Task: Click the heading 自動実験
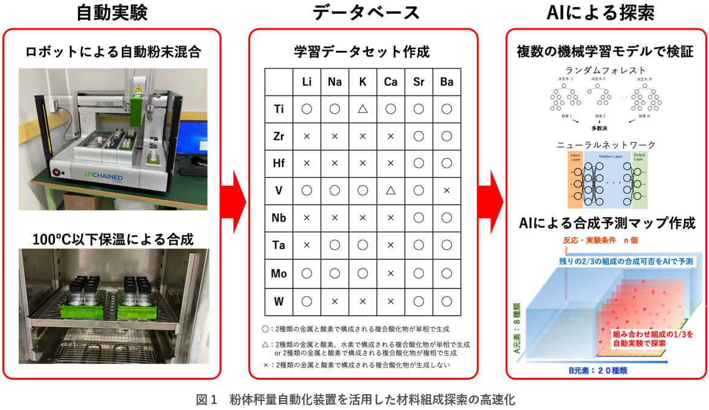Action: pyautogui.click(x=112, y=13)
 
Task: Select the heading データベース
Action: pyautogui.click(x=363, y=13)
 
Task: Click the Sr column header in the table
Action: pyautogui.click(x=419, y=82)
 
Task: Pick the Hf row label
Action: pyautogui.click(x=278, y=163)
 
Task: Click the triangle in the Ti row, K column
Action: pyautogui.click(x=362, y=109)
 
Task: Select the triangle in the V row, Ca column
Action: pyautogui.click(x=390, y=190)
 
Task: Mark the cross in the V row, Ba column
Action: pyautogui.click(x=446, y=190)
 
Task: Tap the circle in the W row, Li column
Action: pyautogui.click(x=306, y=300)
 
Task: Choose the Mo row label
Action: pyautogui.click(x=278, y=273)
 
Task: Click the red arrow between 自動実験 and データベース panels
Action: pyautogui.click(x=235, y=200)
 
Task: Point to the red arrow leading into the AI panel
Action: pyautogui.click(x=492, y=200)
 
